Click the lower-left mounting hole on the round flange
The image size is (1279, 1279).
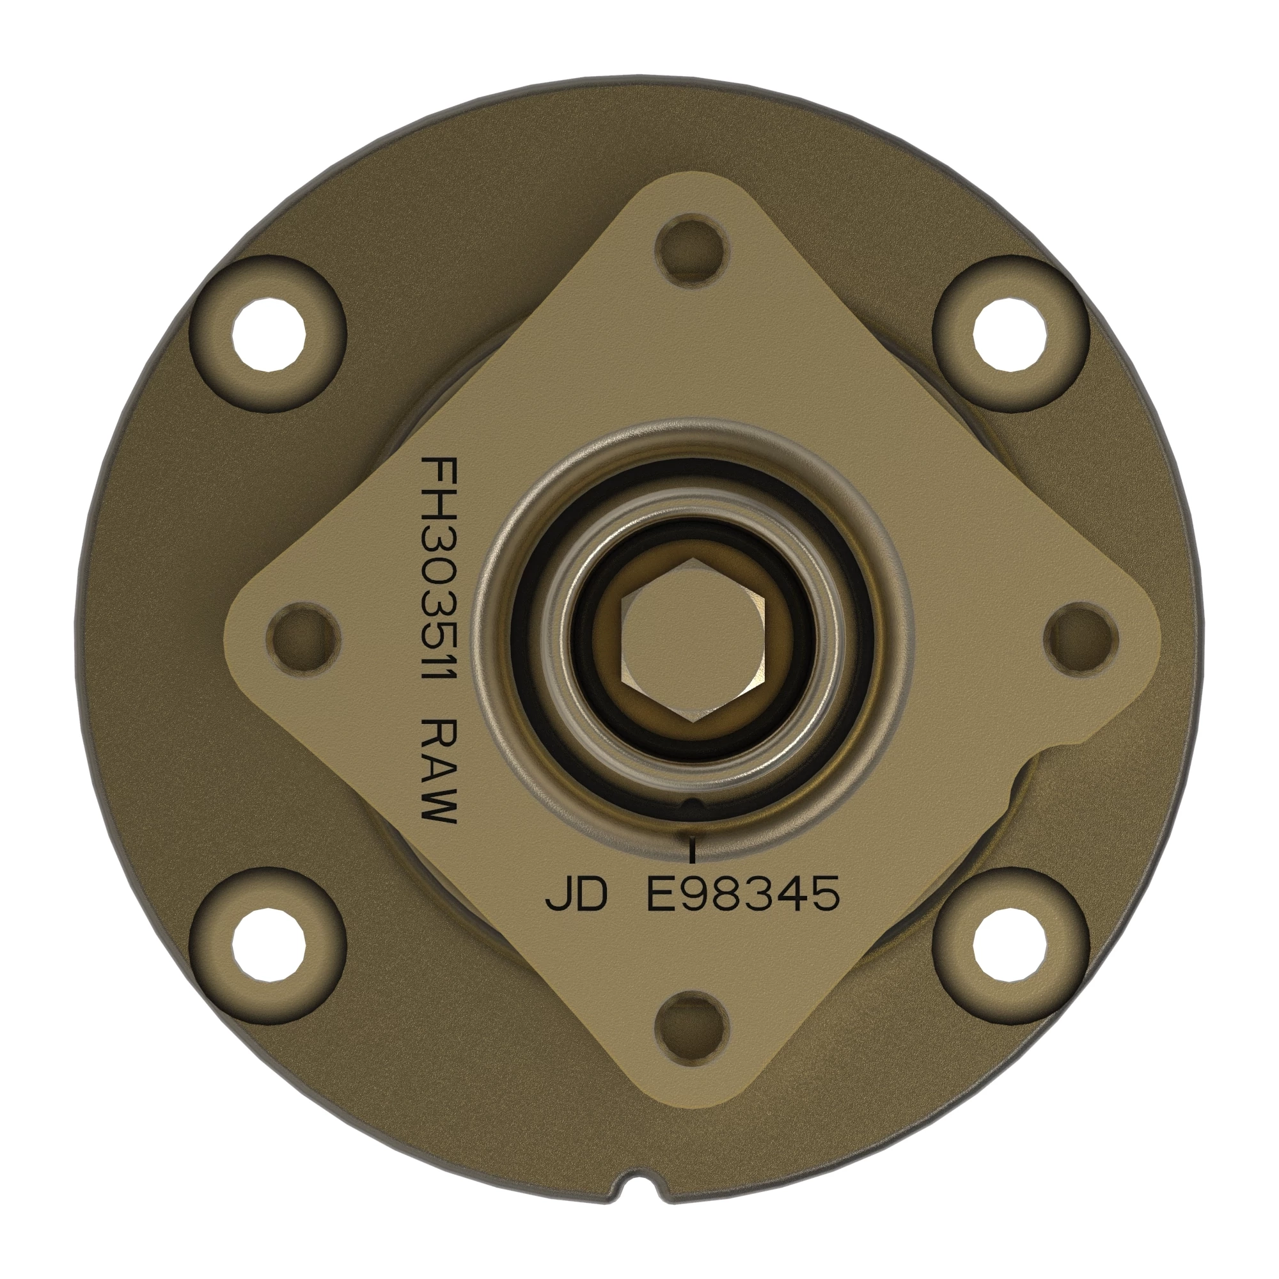pos(269,940)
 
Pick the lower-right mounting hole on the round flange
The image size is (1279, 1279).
pos(1012,940)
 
